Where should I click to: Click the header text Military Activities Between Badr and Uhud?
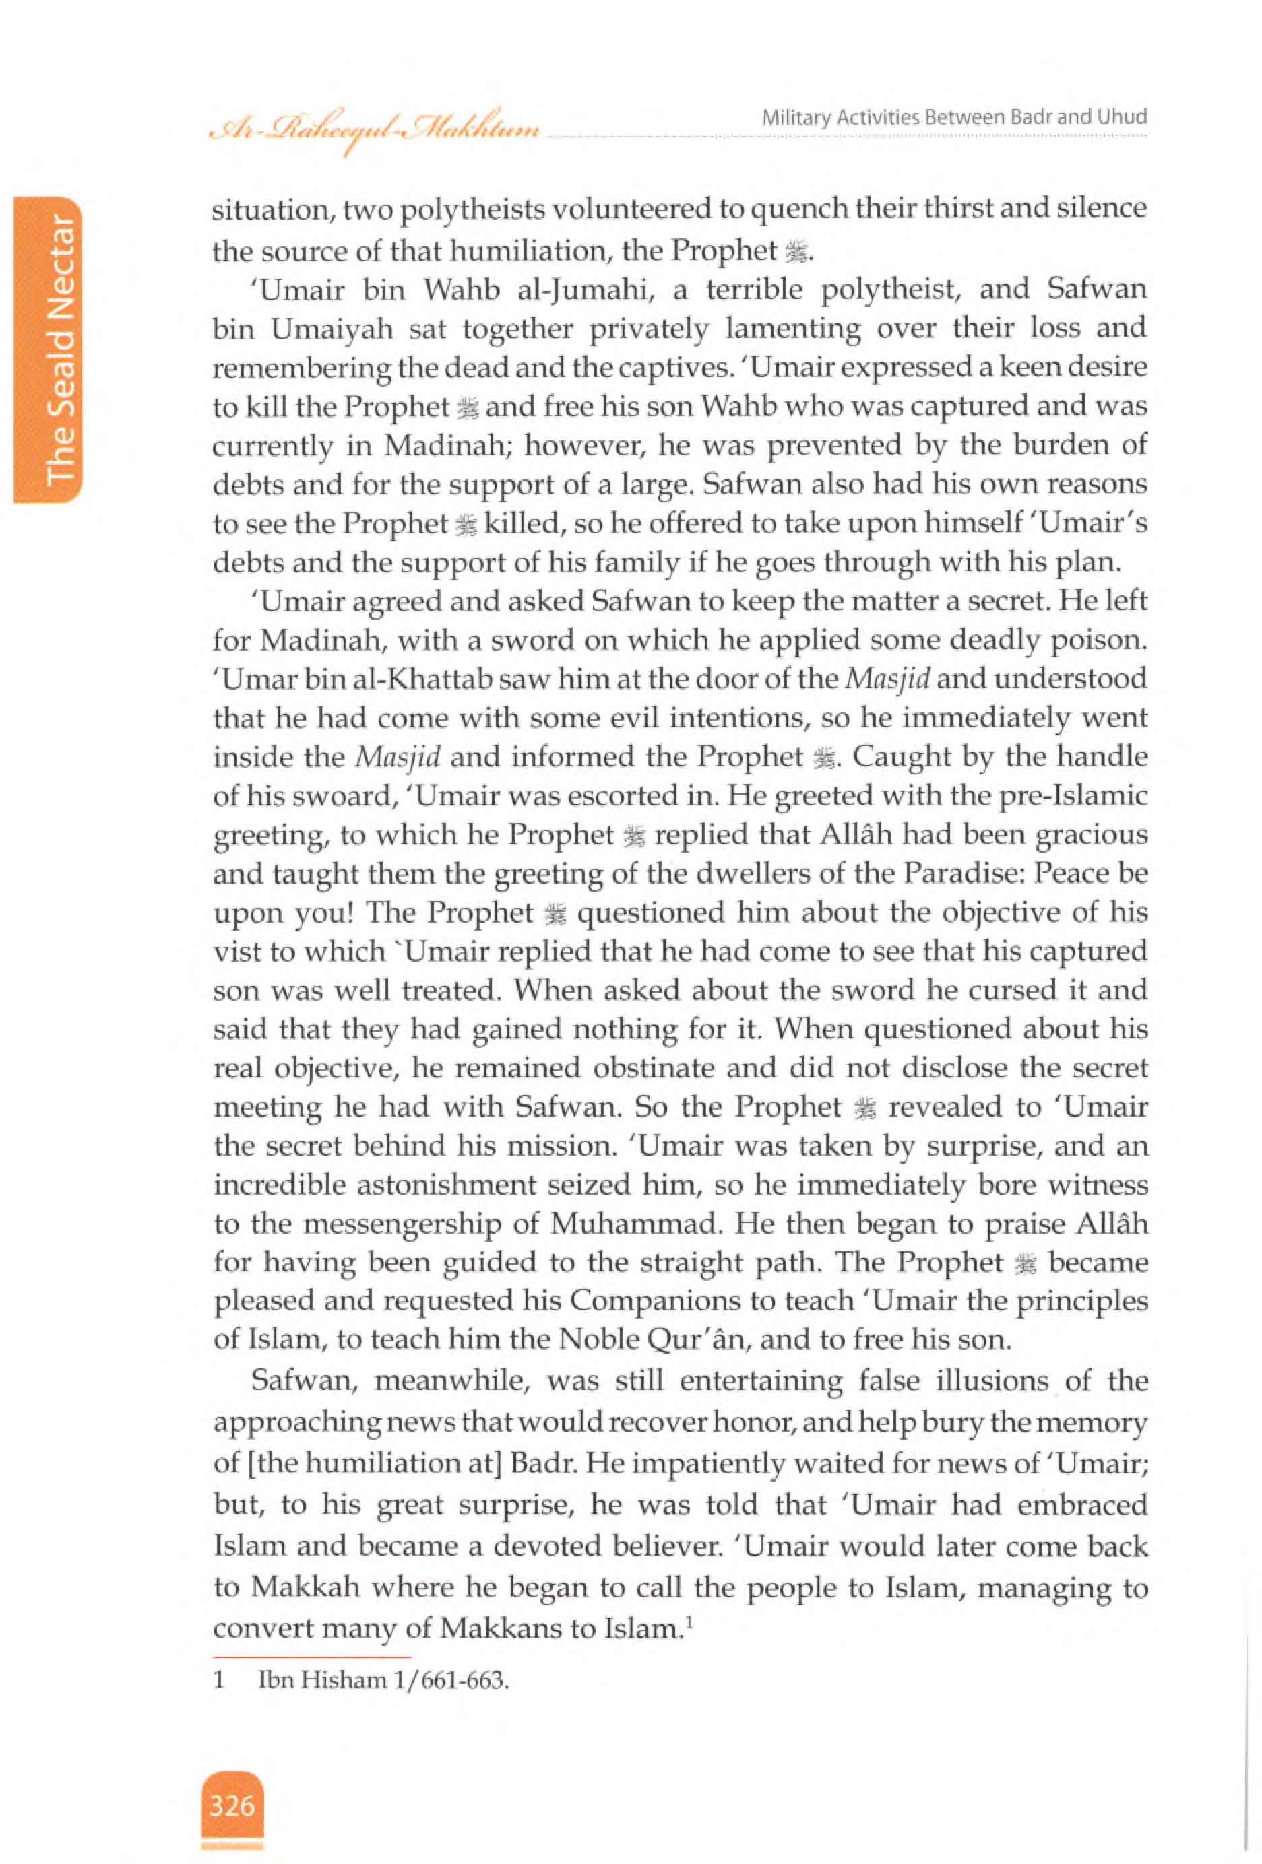click(x=954, y=117)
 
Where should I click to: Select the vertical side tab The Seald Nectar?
click(x=61, y=349)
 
